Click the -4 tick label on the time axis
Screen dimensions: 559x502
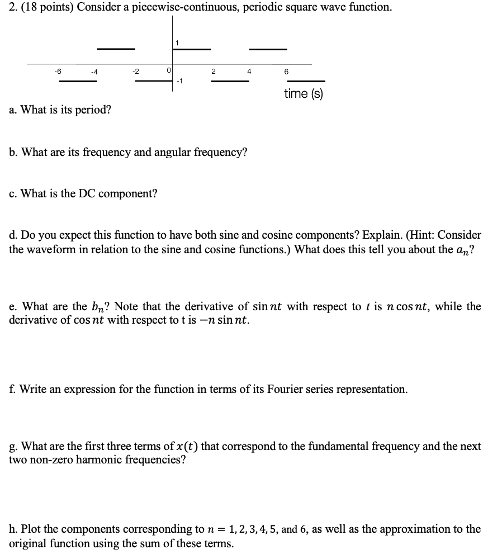(x=95, y=72)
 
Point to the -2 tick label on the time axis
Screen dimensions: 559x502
(x=135, y=71)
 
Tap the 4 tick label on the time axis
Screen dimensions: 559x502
(x=249, y=71)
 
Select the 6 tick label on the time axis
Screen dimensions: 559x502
(x=286, y=72)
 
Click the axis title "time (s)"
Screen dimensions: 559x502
(x=304, y=93)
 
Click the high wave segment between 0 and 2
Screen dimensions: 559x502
(x=192, y=49)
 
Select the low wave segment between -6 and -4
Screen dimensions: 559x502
(x=78, y=81)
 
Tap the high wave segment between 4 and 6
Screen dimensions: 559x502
(x=268, y=49)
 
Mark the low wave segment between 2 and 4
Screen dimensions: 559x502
(x=230, y=81)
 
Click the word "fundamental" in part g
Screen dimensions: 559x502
(x=327, y=447)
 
